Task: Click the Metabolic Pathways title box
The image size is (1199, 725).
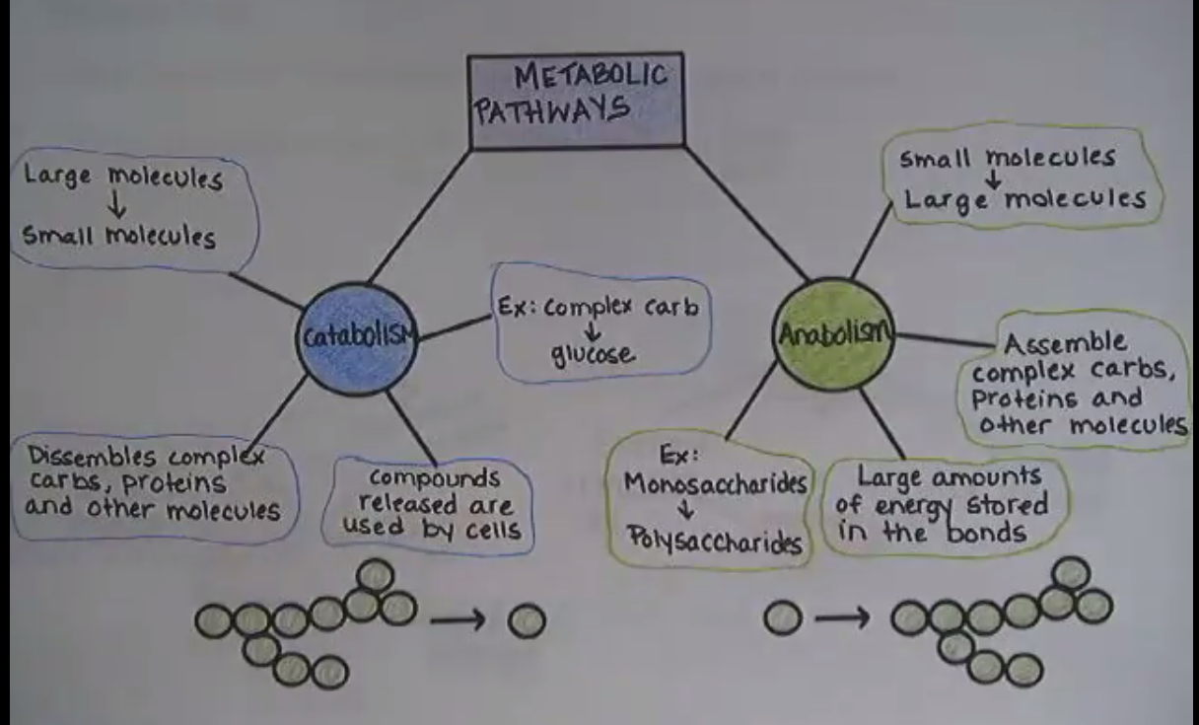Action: tap(576, 101)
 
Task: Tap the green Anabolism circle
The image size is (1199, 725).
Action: tap(834, 333)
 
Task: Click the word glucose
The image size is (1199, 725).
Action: tap(594, 354)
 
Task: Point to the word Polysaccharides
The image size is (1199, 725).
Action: tap(713, 543)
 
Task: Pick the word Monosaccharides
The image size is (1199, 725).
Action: tap(716, 485)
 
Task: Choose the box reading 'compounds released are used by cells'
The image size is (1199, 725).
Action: tap(433, 503)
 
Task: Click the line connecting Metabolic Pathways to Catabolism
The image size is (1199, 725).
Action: tap(421, 215)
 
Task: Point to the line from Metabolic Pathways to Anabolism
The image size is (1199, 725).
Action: tap(746, 213)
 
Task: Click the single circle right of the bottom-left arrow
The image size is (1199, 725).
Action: tap(527, 621)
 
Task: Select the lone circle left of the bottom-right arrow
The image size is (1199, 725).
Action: tap(783, 618)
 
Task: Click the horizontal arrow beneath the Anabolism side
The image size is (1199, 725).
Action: tap(842, 619)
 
